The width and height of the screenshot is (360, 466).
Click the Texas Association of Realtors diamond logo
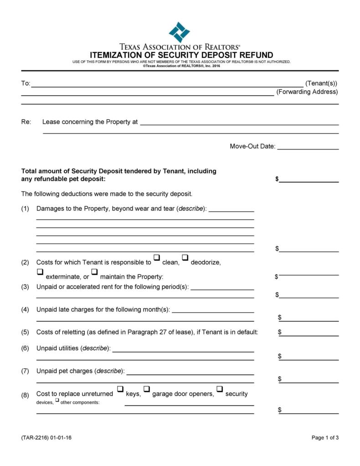click(x=179, y=32)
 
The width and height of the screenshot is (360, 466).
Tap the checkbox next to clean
click(x=156, y=259)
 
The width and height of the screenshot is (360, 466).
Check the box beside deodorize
click(x=185, y=259)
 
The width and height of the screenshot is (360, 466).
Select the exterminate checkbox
click(x=40, y=273)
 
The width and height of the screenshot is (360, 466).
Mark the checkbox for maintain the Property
click(x=94, y=273)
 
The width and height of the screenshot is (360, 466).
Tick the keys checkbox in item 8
click(x=120, y=389)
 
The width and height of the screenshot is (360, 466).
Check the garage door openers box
click(x=147, y=389)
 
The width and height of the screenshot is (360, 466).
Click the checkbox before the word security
click(x=220, y=389)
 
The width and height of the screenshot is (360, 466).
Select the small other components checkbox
click(x=57, y=401)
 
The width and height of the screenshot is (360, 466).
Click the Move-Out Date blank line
click(x=308, y=147)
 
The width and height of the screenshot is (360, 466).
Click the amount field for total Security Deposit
click(x=309, y=179)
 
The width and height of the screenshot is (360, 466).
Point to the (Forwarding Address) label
click(x=307, y=92)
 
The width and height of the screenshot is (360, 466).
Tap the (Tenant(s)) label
click(x=321, y=83)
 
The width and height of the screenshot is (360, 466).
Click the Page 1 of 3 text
click(x=325, y=438)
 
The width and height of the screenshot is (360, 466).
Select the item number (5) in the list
click(x=25, y=332)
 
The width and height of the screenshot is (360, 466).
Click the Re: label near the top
click(x=26, y=122)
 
